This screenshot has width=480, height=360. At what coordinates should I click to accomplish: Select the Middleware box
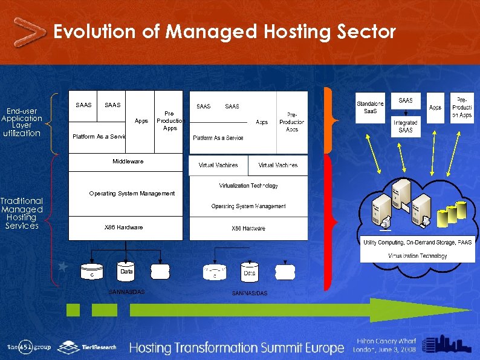[127, 162]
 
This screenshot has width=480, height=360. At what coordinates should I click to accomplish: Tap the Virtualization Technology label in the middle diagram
[248, 186]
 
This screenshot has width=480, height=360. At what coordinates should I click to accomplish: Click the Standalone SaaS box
[370, 108]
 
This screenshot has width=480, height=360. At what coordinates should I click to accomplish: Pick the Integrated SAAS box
[406, 126]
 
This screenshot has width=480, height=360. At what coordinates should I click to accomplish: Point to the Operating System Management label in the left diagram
[132, 194]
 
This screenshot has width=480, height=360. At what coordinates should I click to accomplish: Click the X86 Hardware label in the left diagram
[124, 227]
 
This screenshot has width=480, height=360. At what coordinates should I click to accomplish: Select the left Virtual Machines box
[218, 165]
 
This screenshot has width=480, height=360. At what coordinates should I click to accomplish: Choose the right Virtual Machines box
[277, 165]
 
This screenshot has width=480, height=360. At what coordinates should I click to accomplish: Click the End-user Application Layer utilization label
[21, 122]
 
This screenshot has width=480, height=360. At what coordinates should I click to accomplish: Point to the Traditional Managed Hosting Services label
[22, 213]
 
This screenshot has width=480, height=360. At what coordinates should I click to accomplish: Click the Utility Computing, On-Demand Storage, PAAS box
[418, 242]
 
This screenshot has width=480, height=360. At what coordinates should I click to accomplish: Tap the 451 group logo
[29, 347]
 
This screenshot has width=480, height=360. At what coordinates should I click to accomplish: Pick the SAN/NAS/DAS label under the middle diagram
[249, 293]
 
